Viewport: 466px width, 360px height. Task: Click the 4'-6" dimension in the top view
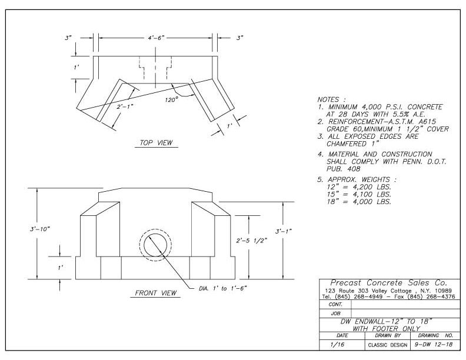pyautogui.click(x=157, y=38)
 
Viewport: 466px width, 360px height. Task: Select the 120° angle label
pyautogui.click(x=171, y=99)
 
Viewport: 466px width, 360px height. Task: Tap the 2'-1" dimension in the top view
pyautogui.click(x=125, y=106)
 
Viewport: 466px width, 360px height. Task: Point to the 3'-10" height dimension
pyautogui.click(x=40, y=229)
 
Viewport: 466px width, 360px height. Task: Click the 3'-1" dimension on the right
pyautogui.click(x=284, y=231)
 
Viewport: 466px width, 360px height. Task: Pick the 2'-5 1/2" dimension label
pyautogui.click(x=252, y=241)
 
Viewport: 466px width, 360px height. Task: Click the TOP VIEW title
pyautogui.click(x=156, y=143)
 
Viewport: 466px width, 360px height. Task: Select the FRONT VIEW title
pyautogui.click(x=156, y=293)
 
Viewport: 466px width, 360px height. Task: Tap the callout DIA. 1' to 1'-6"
pyautogui.click(x=223, y=288)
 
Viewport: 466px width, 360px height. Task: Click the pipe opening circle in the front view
pyautogui.click(x=156, y=245)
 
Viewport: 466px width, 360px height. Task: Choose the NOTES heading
pyautogui.click(x=332, y=99)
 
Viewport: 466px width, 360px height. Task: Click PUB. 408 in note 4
pyautogui.click(x=343, y=169)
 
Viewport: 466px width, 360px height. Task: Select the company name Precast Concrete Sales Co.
pyautogui.click(x=389, y=283)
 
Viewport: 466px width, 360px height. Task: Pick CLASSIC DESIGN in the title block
pyautogui.click(x=388, y=345)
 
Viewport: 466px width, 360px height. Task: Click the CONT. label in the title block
pyautogui.click(x=335, y=305)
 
